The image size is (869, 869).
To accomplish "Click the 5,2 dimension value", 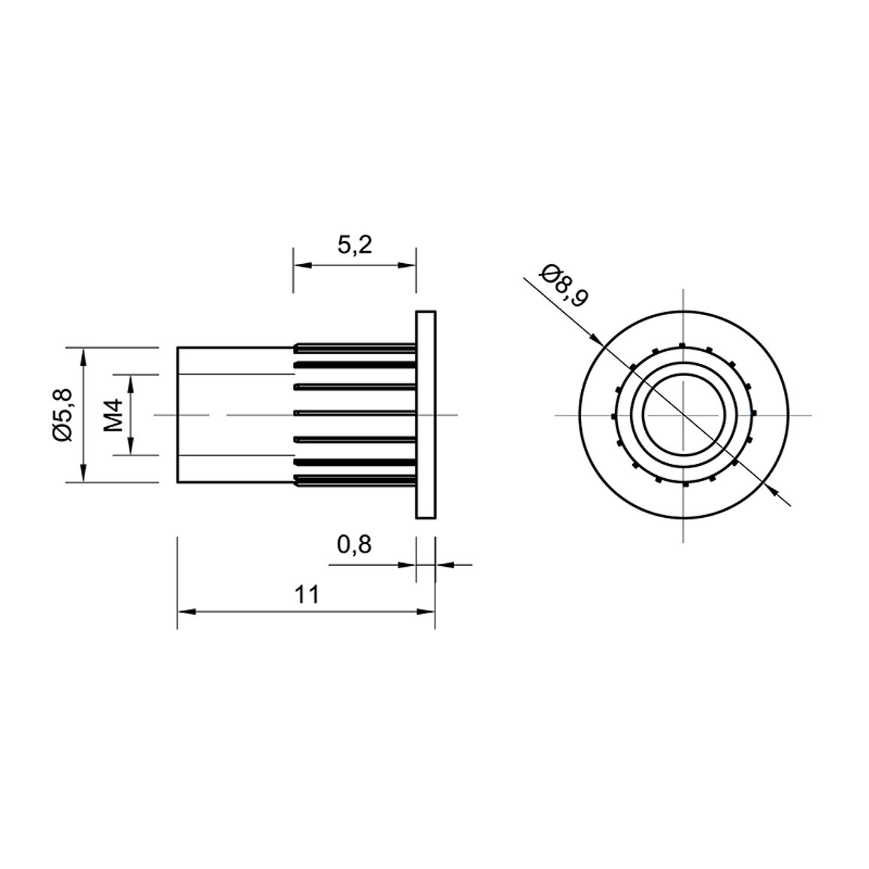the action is point(355,244).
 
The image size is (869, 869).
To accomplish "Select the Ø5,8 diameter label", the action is point(63,414).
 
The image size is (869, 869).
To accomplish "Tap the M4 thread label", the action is point(114,415).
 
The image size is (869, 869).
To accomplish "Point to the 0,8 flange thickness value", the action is point(354,545).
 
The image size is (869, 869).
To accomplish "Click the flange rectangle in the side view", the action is point(425,414).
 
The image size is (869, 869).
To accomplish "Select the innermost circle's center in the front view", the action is point(683,414).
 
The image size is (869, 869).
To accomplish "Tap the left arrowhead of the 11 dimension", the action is point(185,612).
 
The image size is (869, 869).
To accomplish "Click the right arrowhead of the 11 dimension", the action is point(427,612).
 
